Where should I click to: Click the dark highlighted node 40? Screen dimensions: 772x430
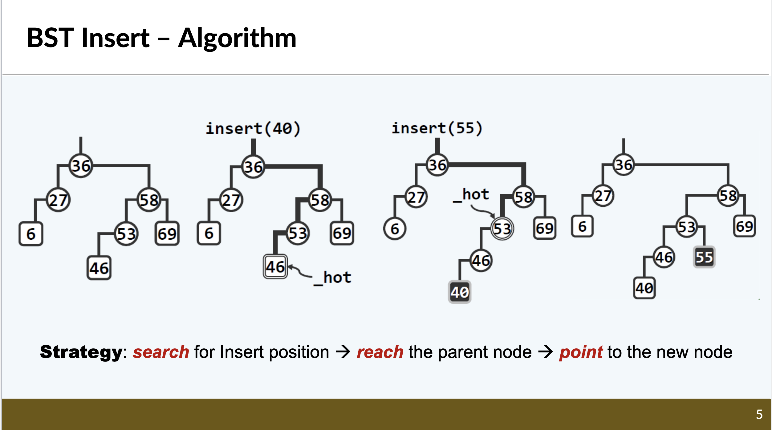pos(460,292)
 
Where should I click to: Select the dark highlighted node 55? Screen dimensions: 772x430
pos(704,257)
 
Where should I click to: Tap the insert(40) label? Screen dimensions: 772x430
pos(253,129)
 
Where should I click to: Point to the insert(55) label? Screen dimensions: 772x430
pos(437,128)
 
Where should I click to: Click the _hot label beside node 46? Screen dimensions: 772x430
pos(333,278)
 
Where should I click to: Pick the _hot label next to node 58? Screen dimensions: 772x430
pos(471,195)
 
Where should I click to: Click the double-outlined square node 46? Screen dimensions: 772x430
pos(275,267)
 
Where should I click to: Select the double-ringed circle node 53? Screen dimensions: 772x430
pos(502,229)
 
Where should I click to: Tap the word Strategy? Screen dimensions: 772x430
pos(81,352)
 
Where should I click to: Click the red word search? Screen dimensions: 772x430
pos(161,352)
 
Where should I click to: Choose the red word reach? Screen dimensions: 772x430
pos(380,352)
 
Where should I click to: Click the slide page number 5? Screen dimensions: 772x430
pos(759,414)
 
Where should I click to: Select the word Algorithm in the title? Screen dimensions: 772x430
pos(237,39)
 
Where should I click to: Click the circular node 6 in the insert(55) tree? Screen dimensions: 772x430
pos(395,229)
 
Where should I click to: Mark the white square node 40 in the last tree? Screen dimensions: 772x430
pos(644,288)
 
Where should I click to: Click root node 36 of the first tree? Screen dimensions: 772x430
pos(81,166)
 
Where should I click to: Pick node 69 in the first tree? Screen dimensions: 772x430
pos(167,234)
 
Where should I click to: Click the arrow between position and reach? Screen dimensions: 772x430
pos(343,352)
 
